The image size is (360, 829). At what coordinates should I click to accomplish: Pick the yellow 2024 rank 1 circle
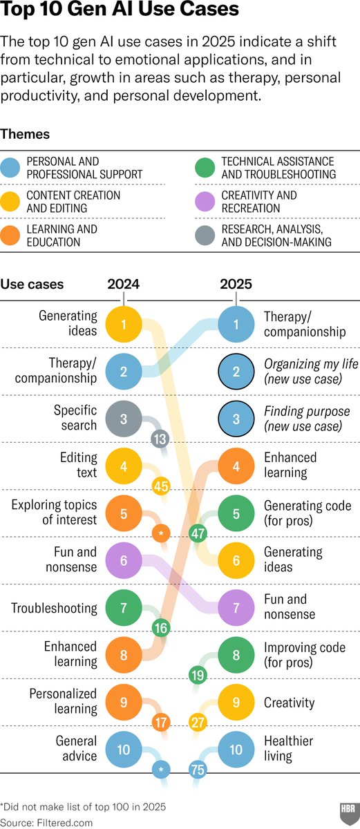coord(124,324)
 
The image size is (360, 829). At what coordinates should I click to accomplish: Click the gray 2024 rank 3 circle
coord(124,419)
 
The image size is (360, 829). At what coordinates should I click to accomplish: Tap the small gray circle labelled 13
coord(161,439)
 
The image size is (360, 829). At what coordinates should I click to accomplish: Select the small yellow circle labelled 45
coord(161,486)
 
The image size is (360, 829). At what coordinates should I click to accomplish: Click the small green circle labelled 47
coord(198,533)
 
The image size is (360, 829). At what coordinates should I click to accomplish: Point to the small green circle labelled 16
coord(161,627)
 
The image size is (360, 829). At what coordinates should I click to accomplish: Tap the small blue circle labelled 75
coord(198,770)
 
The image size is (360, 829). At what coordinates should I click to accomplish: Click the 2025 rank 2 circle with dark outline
coord(236,372)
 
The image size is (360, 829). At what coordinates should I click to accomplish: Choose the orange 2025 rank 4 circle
coord(236,466)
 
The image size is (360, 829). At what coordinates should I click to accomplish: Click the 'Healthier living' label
coord(288,748)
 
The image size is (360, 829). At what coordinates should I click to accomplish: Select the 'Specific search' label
coord(75,418)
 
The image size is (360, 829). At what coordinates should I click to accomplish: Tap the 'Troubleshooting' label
coord(54,608)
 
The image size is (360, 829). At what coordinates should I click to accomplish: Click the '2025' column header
coord(236,284)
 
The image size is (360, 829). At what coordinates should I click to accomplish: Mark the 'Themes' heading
coord(25,134)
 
